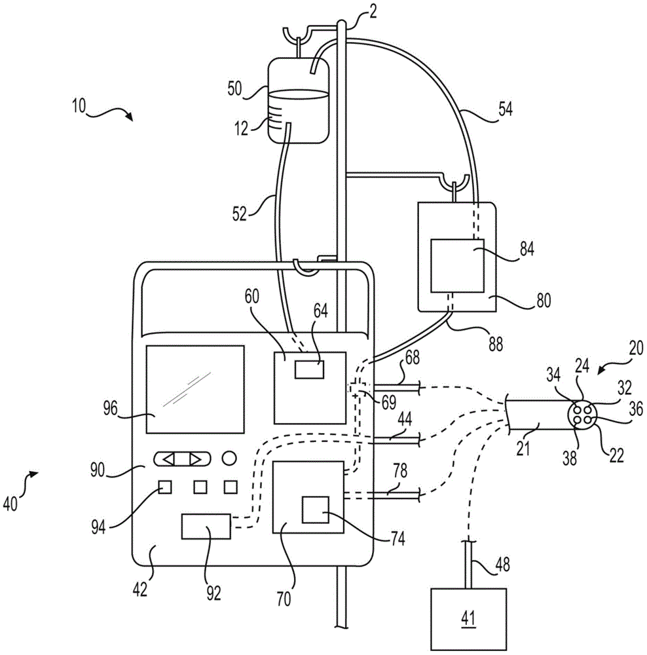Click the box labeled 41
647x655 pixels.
468,616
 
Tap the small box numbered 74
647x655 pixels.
315,510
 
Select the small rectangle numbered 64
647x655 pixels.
309,369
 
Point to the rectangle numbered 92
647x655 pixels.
206,527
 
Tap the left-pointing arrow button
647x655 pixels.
169,458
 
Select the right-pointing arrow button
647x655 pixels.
195,458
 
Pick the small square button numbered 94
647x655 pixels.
165,487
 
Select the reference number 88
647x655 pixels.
496,343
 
